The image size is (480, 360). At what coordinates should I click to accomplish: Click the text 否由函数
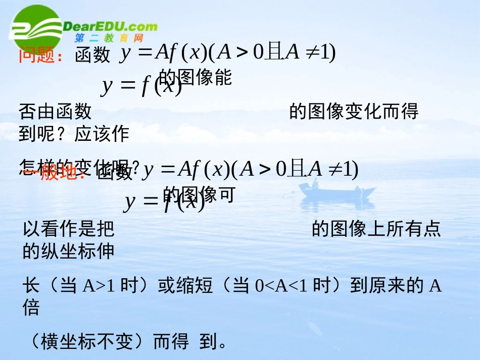(x=55, y=111)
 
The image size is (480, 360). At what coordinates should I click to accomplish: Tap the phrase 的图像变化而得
(x=354, y=111)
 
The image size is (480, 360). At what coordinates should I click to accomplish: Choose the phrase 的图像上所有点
(x=376, y=229)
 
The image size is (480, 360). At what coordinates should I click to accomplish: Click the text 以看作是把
(x=69, y=229)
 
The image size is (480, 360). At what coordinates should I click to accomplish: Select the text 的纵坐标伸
(x=69, y=251)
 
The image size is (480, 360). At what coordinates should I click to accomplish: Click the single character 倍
(x=31, y=308)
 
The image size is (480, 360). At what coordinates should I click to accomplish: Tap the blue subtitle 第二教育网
(x=109, y=38)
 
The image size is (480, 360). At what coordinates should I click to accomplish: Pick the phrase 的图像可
(x=199, y=194)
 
